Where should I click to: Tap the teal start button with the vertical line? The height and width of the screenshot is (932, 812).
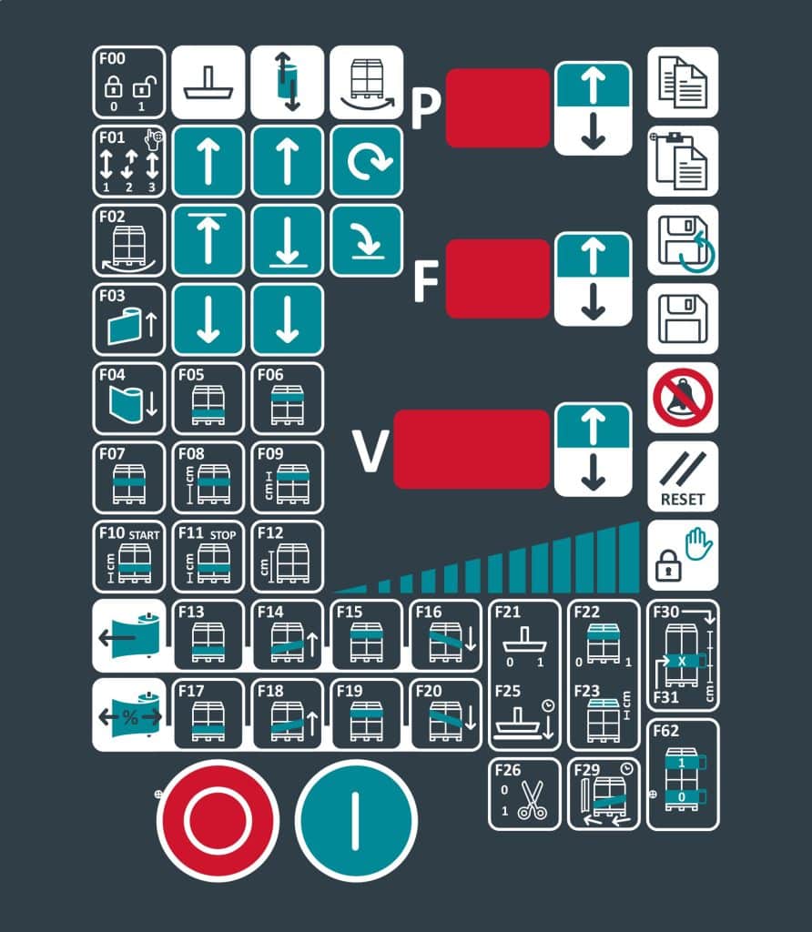point(356,820)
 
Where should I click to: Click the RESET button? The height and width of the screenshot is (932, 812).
point(683,477)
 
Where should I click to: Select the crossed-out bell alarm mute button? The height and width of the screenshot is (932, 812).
point(683,398)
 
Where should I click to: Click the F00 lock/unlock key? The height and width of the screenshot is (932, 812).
point(129,83)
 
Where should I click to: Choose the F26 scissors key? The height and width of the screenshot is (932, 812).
point(524,794)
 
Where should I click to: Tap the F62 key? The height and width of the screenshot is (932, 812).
point(683,775)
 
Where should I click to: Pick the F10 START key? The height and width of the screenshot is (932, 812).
point(129,557)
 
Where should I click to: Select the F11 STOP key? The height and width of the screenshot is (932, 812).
point(208,557)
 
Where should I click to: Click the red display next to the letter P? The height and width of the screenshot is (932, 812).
point(498,108)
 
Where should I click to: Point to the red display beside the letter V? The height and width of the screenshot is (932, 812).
point(472,450)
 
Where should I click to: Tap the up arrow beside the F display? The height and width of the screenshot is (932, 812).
point(594,255)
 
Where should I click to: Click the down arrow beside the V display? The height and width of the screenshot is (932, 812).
point(594,472)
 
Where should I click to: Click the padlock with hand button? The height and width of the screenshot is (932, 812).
point(683,556)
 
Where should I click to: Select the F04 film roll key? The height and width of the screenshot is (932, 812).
point(129,399)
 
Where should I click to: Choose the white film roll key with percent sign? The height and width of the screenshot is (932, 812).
point(129,715)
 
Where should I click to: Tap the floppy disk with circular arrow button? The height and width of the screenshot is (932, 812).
point(683,240)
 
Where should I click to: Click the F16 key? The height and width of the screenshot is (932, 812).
point(446,634)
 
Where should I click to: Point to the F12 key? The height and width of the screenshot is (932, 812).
point(287,557)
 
